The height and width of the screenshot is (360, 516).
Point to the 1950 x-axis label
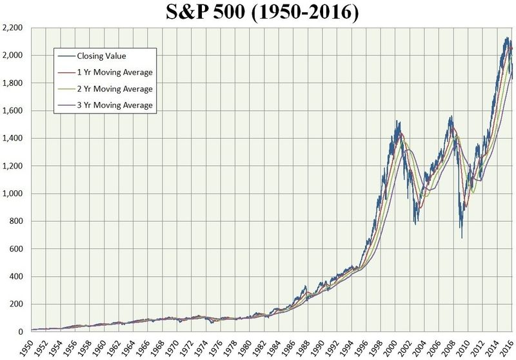coord(27,346)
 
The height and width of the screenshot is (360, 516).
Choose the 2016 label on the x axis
coord(510,346)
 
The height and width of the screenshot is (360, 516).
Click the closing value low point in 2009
coord(461,238)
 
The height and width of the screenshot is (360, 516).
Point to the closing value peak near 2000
coord(396,121)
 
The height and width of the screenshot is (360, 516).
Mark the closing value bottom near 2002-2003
coord(415,224)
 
